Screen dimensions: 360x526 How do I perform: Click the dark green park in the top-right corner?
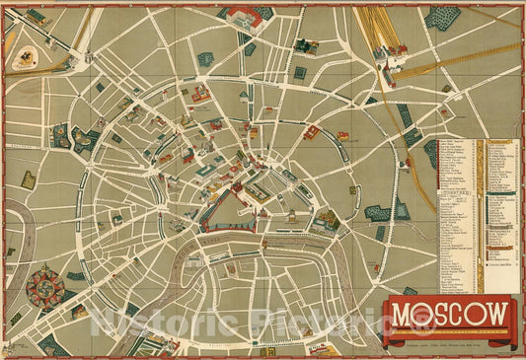(442, 17)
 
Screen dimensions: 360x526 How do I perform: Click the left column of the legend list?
(457, 217)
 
